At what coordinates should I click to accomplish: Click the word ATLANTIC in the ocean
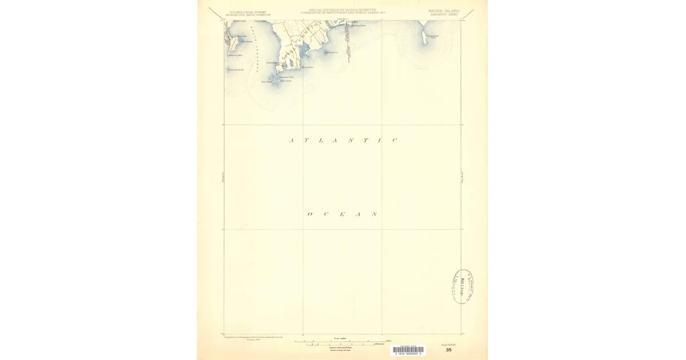tap(343, 140)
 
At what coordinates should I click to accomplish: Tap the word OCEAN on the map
tap(342, 214)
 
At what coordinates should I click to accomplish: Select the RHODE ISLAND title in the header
tap(444, 10)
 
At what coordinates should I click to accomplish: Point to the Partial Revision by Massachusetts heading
tap(343, 10)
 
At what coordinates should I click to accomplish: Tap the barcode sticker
tap(408, 350)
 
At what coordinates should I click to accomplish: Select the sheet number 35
tap(449, 350)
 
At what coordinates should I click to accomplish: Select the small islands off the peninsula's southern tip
tap(277, 79)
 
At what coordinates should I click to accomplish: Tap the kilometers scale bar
tap(341, 345)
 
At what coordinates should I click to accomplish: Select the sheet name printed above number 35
tap(449, 344)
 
